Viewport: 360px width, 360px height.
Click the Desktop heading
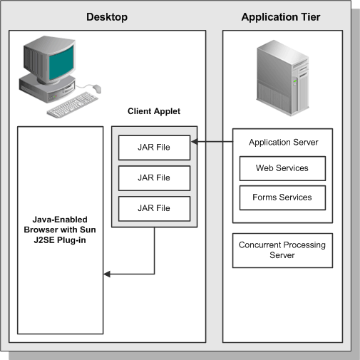tap(106, 17)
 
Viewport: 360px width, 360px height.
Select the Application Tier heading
tap(281, 17)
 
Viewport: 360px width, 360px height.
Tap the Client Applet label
tap(154, 111)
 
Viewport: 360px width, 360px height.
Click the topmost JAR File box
tap(154, 148)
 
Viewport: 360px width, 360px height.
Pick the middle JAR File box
tap(154, 178)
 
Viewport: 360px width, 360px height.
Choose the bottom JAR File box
tap(154, 208)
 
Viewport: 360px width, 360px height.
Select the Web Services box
tap(282, 168)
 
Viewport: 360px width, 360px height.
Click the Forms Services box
tap(282, 197)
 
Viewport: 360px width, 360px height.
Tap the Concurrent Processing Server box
tap(282, 250)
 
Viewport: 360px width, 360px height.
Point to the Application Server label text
tap(283, 142)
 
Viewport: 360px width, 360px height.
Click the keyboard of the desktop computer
tap(72, 108)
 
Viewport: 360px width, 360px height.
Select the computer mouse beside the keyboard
tap(96, 89)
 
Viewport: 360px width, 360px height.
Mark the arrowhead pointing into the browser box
tap(107, 274)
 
